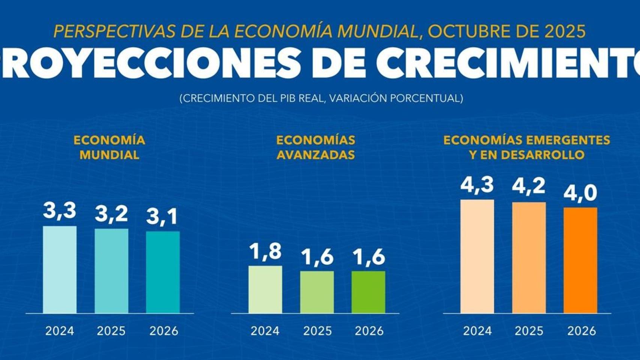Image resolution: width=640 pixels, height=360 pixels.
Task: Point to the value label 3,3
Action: click(x=60, y=211)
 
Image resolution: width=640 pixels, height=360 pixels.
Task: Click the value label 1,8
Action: click(x=265, y=251)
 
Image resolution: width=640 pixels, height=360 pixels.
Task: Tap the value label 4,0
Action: click(x=580, y=193)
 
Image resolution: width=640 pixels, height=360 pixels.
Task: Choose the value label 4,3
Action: click(x=477, y=185)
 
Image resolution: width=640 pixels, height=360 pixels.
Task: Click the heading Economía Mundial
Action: click(x=109, y=147)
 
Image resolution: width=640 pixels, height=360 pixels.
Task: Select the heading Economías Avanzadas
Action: click(x=315, y=147)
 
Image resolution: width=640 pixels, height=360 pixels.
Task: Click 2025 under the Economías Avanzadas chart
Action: click(x=317, y=331)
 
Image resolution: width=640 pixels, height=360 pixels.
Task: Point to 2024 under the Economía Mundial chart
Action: click(x=60, y=331)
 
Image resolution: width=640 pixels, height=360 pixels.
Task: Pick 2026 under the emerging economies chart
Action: click(x=581, y=331)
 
